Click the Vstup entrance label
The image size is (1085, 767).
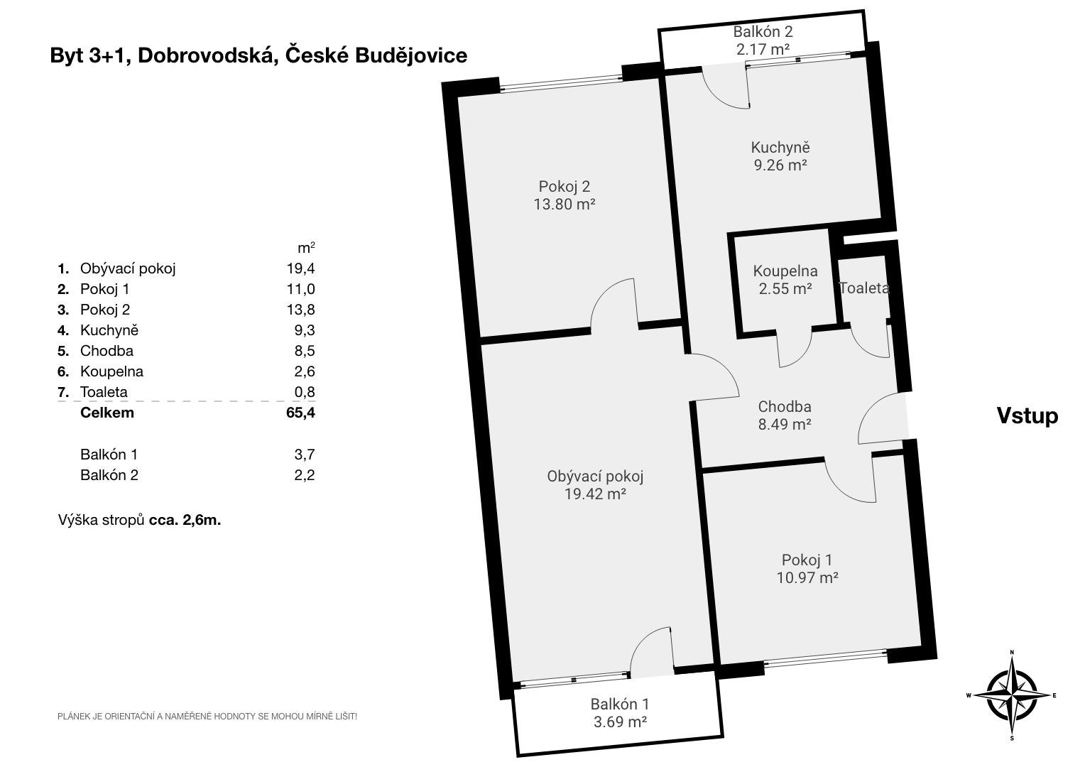click(1027, 416)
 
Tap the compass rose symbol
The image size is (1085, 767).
click(1012, 695)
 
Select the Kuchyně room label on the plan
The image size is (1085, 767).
click(780, 148)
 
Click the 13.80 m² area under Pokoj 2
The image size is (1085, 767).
click(565, 205)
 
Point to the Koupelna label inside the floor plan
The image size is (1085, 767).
click(785, 271)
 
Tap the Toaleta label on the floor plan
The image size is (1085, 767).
click(864, 288)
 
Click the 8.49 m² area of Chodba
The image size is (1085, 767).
click(785, 425)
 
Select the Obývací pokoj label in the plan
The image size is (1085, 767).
click(595, 477)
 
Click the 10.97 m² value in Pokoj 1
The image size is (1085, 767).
click(807, 577)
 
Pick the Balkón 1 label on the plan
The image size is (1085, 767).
click(619, 704)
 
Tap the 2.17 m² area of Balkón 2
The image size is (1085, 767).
click(763, 49)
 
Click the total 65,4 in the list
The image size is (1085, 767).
click(301, 413)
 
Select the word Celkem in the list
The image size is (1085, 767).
click(107, 413)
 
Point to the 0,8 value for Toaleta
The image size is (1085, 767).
click(305, 392)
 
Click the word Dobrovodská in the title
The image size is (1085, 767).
click(208, 55)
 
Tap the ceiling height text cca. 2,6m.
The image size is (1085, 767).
click(185, 521)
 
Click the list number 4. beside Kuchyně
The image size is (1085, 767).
click(63, 330)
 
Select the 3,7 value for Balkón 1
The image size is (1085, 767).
click(305, 455)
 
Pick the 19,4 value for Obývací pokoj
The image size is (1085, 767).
click(301, 268)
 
